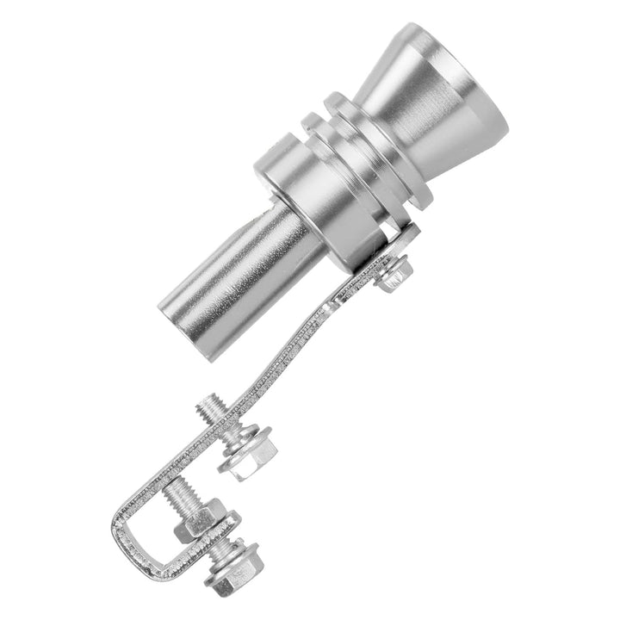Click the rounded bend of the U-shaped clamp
click(x=125, y=534)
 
